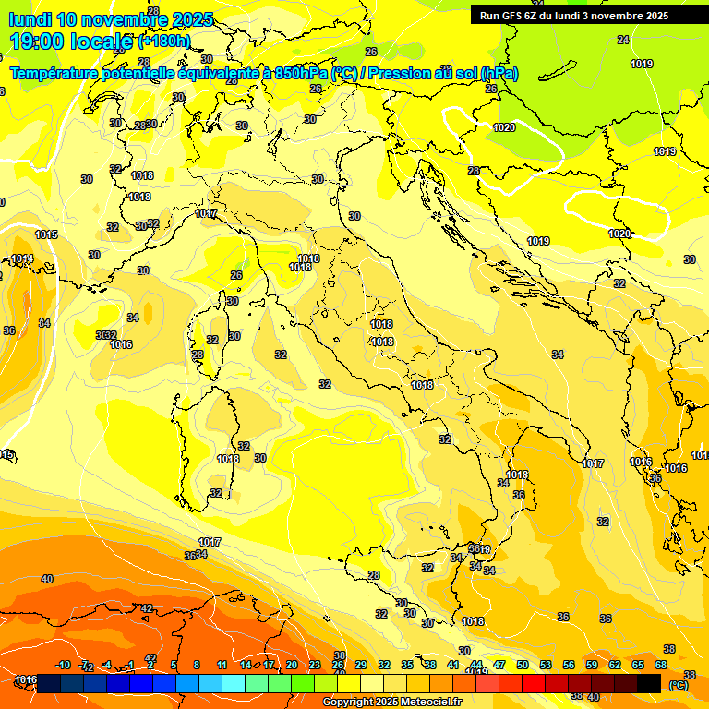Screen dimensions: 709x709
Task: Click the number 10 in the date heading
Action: (67, 19)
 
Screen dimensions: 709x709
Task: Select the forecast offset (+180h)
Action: (164, 42)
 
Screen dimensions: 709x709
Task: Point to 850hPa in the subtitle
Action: (300, 73)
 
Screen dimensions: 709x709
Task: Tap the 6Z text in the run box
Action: (537, 16)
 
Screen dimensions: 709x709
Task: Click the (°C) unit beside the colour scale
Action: (678, 685)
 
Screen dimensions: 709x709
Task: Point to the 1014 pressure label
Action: (22, 259)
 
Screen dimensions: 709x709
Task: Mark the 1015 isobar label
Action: (46, 235)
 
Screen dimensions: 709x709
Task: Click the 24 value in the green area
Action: (623, 40)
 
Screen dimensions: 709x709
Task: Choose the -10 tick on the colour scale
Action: (63, 665)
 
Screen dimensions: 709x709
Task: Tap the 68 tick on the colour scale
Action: (661, 665)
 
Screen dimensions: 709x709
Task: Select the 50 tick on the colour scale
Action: (523, 665)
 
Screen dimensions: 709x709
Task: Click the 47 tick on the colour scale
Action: (499, 665)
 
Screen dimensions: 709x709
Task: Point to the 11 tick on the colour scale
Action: (222, 665)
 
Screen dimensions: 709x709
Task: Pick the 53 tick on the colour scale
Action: (546, 665)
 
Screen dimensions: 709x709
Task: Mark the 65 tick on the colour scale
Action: (638, 665)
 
